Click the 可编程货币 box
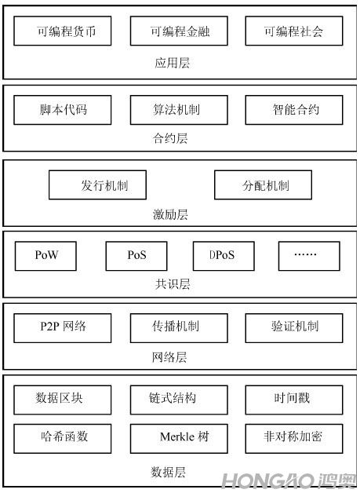click(x=63, y=31)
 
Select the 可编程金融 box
click(x=179, y=31)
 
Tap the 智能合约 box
click(x=294, y=110)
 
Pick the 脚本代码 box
click(x=63, y=110)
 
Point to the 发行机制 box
click(x=98, y=185)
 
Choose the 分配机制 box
click(x=264, y=185)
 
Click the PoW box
click(x=45, y=256)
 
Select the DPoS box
click(x=224, y=256)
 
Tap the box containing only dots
click(x=309, y=256)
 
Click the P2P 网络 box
click(x=63, y=328)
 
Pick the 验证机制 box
click(x=294, y=328)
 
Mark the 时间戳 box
click(x=294, y=400)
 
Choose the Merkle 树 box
click(x=179, y=439)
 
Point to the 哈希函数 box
click(x=63, y=439)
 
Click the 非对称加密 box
click(x=294, y=439)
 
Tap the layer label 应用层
click(x=172, y=63)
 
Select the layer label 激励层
click(x=170, y=214)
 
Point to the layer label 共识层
click(x=172, y=284)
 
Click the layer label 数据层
click(x=168, y=472)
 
